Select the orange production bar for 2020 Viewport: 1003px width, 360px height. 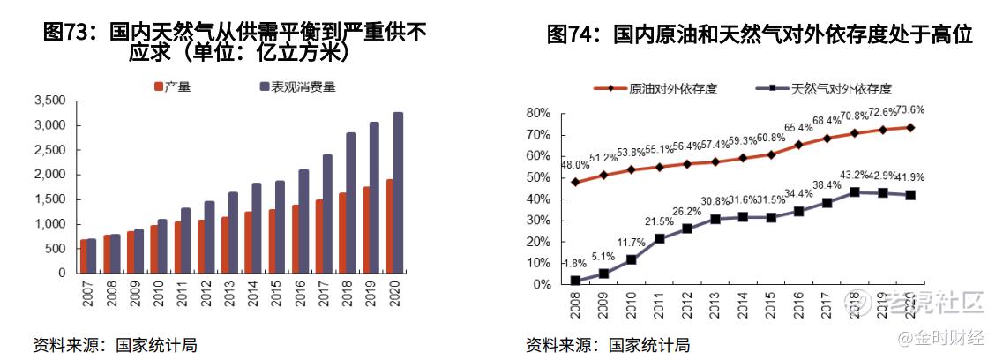tap(388, 226)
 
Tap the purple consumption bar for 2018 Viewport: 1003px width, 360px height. tap(351, 202)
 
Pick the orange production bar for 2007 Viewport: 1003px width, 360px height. tap(84, 256)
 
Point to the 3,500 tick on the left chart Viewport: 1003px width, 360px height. tap(49, 101)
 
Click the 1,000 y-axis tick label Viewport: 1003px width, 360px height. tap(49, 224)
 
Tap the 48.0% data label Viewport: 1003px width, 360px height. tap(575, 165)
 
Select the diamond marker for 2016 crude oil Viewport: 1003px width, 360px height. tap(797, 145)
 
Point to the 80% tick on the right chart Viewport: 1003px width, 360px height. tap(538, 113)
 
